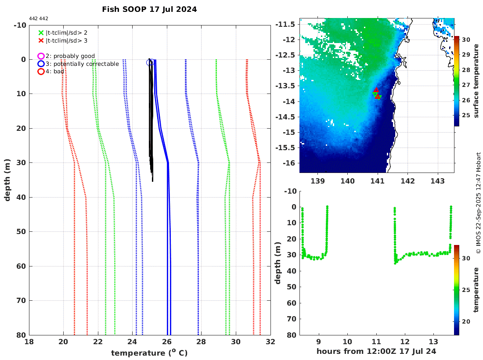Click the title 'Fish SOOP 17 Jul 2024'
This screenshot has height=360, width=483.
[149, 9]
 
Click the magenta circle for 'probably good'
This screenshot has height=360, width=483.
[41, 56]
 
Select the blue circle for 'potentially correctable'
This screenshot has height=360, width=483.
[41, 64]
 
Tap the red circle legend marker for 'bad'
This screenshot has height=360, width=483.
[41, 71]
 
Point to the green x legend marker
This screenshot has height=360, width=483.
[41, 32]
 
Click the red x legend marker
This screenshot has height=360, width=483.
[41, 40]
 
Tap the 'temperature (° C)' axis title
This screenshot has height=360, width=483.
[149, 353]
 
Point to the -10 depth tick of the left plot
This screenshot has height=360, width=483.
[19, 25]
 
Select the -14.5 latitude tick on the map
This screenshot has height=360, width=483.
[290, 117]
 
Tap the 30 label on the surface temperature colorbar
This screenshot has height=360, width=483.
[466, 40]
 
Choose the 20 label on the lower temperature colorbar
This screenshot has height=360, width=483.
[466, 322]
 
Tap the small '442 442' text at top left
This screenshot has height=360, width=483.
[39, 18]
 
